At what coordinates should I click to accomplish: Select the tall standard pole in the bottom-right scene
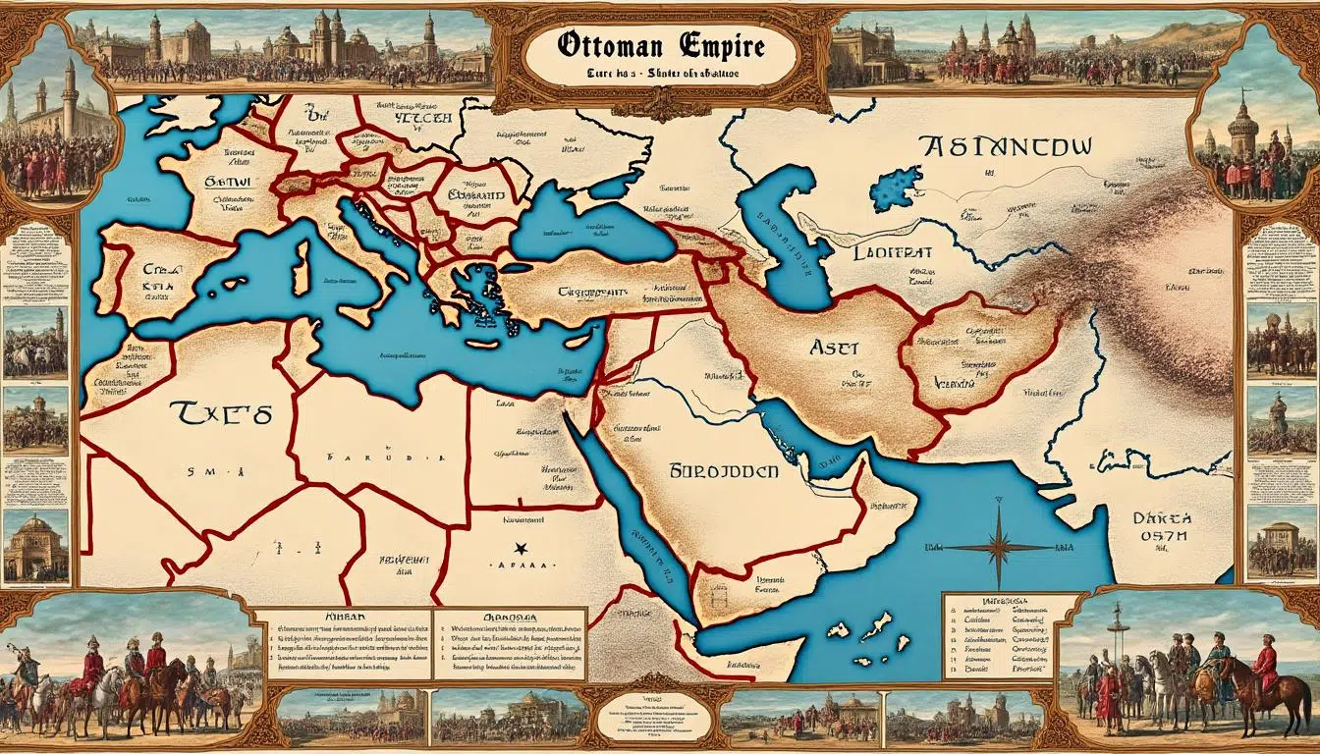pyautogui.click(x=1117, y=638)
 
